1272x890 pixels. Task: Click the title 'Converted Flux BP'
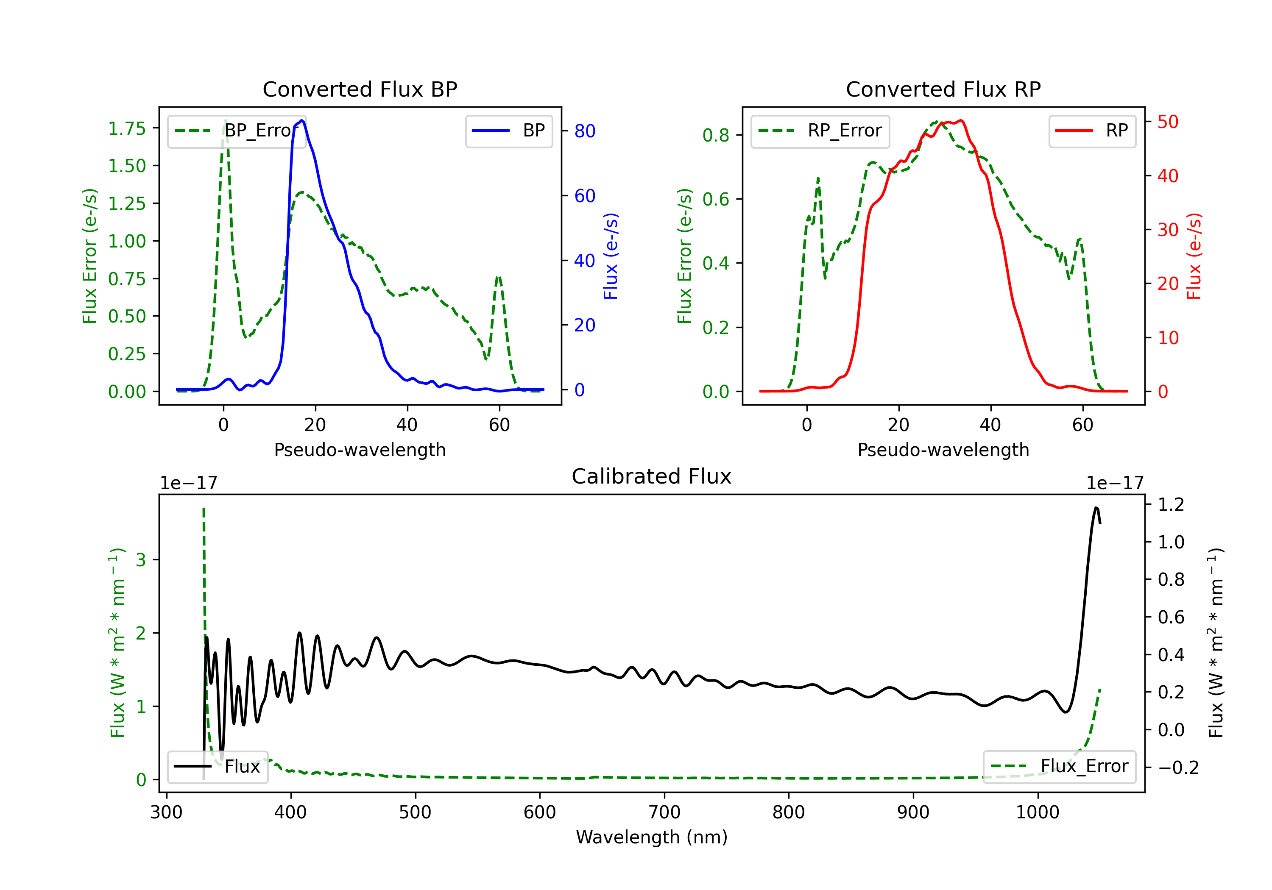pyautogui.click(x=360, y=89)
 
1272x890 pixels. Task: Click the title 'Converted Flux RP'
pyautogui.click(x=943, y=89)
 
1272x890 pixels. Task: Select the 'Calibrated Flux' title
pyautogui.click(x=652, y=476)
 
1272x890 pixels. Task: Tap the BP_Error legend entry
pyautogui.click(x=237, y=131)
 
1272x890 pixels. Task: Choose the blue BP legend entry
pyautogui.click(x=508, y=131)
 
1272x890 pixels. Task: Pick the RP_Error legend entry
pyautogui.click(x=820, y=131)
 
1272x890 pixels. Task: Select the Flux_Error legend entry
pyautogui.click(x=1059, y=767)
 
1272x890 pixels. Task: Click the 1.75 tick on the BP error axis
pyautogui.click(x=127, y=128)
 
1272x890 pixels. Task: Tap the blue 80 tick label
pyautogui.click(x=585, y=131)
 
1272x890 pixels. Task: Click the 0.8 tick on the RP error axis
pyautogui.click(x=716, y=135)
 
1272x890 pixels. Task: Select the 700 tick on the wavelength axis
pyautogui.click(x=664, y=812)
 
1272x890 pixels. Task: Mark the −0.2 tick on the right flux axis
pyautogui.click(x=1178, y=768)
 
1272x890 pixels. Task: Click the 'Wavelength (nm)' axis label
pyautogui.click(x=652, y=837)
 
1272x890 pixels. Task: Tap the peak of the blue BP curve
pyautogui.click(x=301, y=120)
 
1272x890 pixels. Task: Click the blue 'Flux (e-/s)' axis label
pyautogui.click(x=611, y=256)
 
